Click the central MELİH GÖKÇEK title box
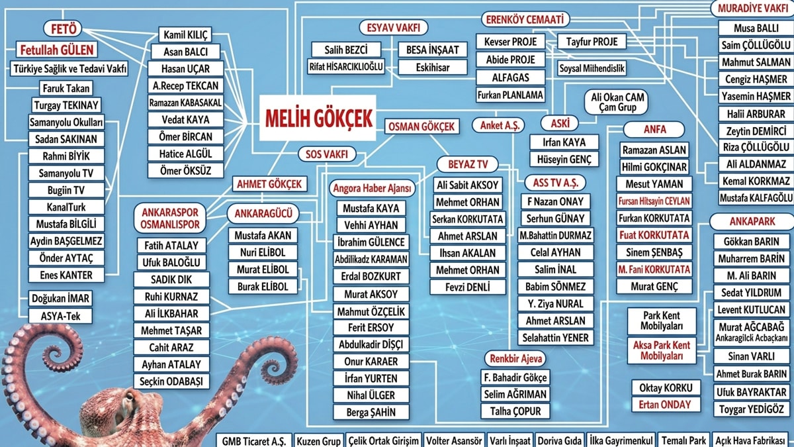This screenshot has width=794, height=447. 318,118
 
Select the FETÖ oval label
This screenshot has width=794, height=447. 63,28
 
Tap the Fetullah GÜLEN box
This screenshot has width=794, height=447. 57,50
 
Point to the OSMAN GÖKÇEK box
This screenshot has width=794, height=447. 421,126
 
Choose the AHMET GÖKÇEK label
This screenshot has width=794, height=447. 269,184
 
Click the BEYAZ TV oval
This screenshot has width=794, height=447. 468,164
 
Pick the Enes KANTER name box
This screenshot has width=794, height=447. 66,275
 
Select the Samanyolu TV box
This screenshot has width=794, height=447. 66,173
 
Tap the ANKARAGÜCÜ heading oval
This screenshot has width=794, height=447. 263,213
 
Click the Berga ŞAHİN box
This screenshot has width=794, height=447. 371,412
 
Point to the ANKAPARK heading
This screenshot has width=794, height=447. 752,222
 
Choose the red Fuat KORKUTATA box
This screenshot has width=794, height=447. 654,235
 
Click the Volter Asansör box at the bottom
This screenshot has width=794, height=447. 454,440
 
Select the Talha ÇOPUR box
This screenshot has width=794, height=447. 515,411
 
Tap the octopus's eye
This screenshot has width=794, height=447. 129,395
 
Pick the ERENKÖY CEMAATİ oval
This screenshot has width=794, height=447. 525,19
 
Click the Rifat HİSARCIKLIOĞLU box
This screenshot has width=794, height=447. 346,66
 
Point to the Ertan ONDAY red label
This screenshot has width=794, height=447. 665,405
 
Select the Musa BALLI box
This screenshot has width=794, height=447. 756,28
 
